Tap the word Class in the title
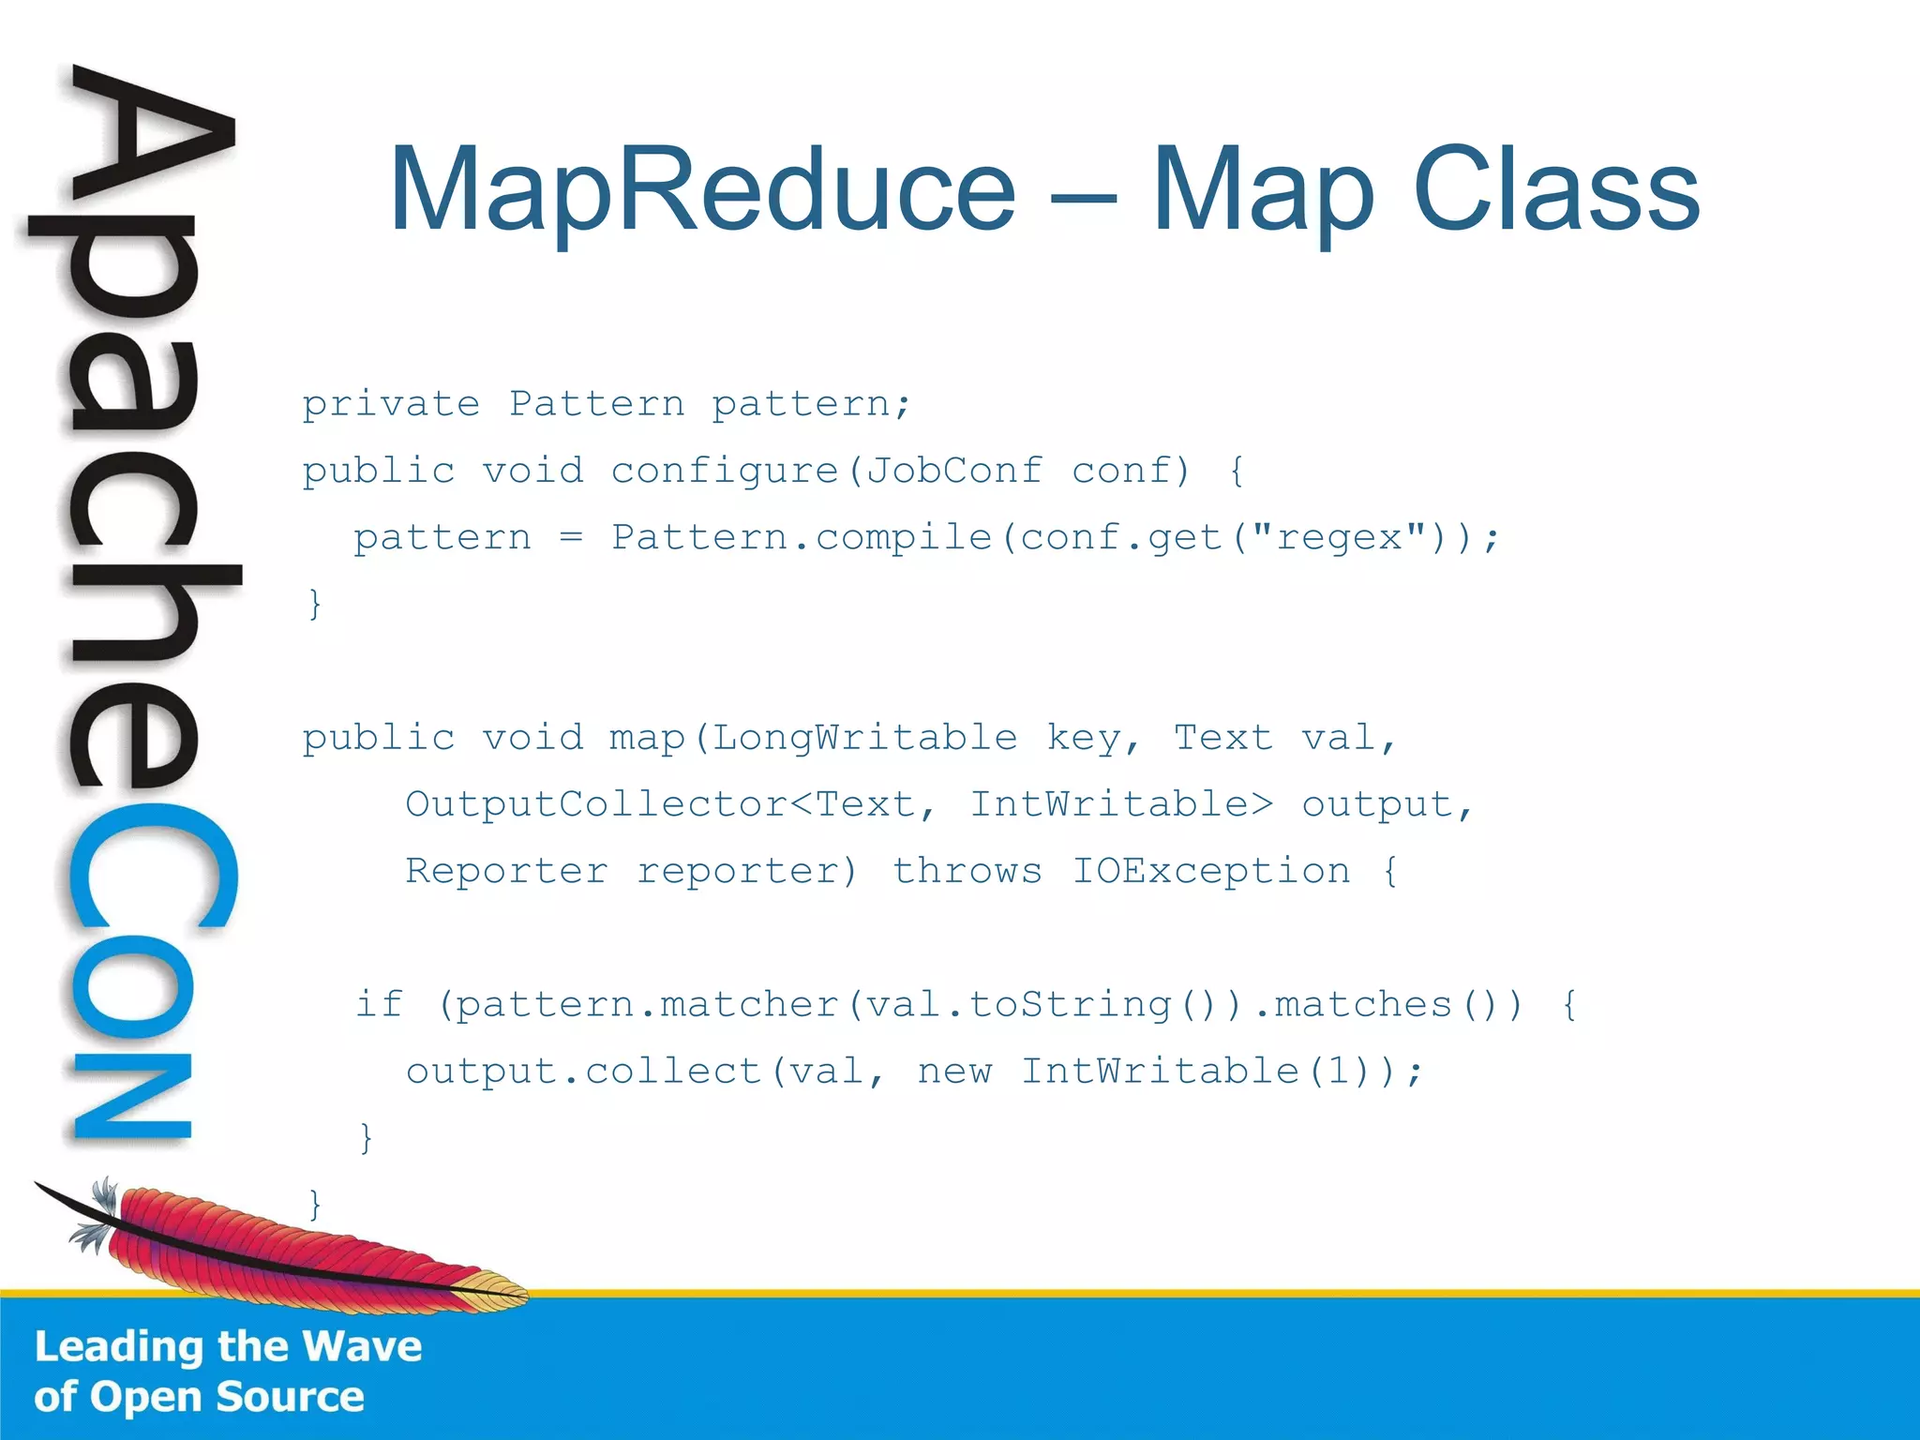[x=1555, y=189]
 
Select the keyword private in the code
[x=391, y=405]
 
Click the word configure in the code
[x=725, y=472]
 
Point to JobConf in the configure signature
[x=953, y=471]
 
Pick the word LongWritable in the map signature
[x=864, y=739]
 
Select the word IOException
[x=1211, y=872]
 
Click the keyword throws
[x=967, y=872]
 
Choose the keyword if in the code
[x=379, y=1005]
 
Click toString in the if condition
[x=1070, y=1005]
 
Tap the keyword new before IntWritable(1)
[x=953, y=1072]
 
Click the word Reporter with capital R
[x=506, y=872]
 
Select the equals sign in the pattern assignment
[x=571, y=538]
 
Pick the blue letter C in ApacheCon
[x=150, y=867]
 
